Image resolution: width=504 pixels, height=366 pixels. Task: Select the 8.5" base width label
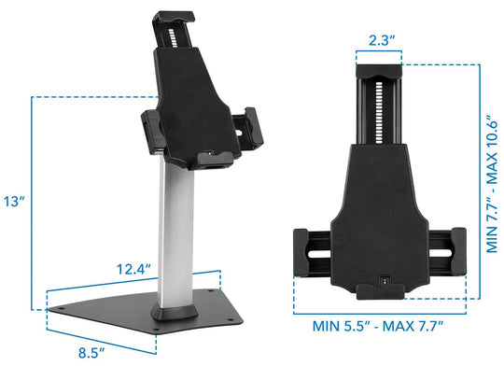90,353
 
